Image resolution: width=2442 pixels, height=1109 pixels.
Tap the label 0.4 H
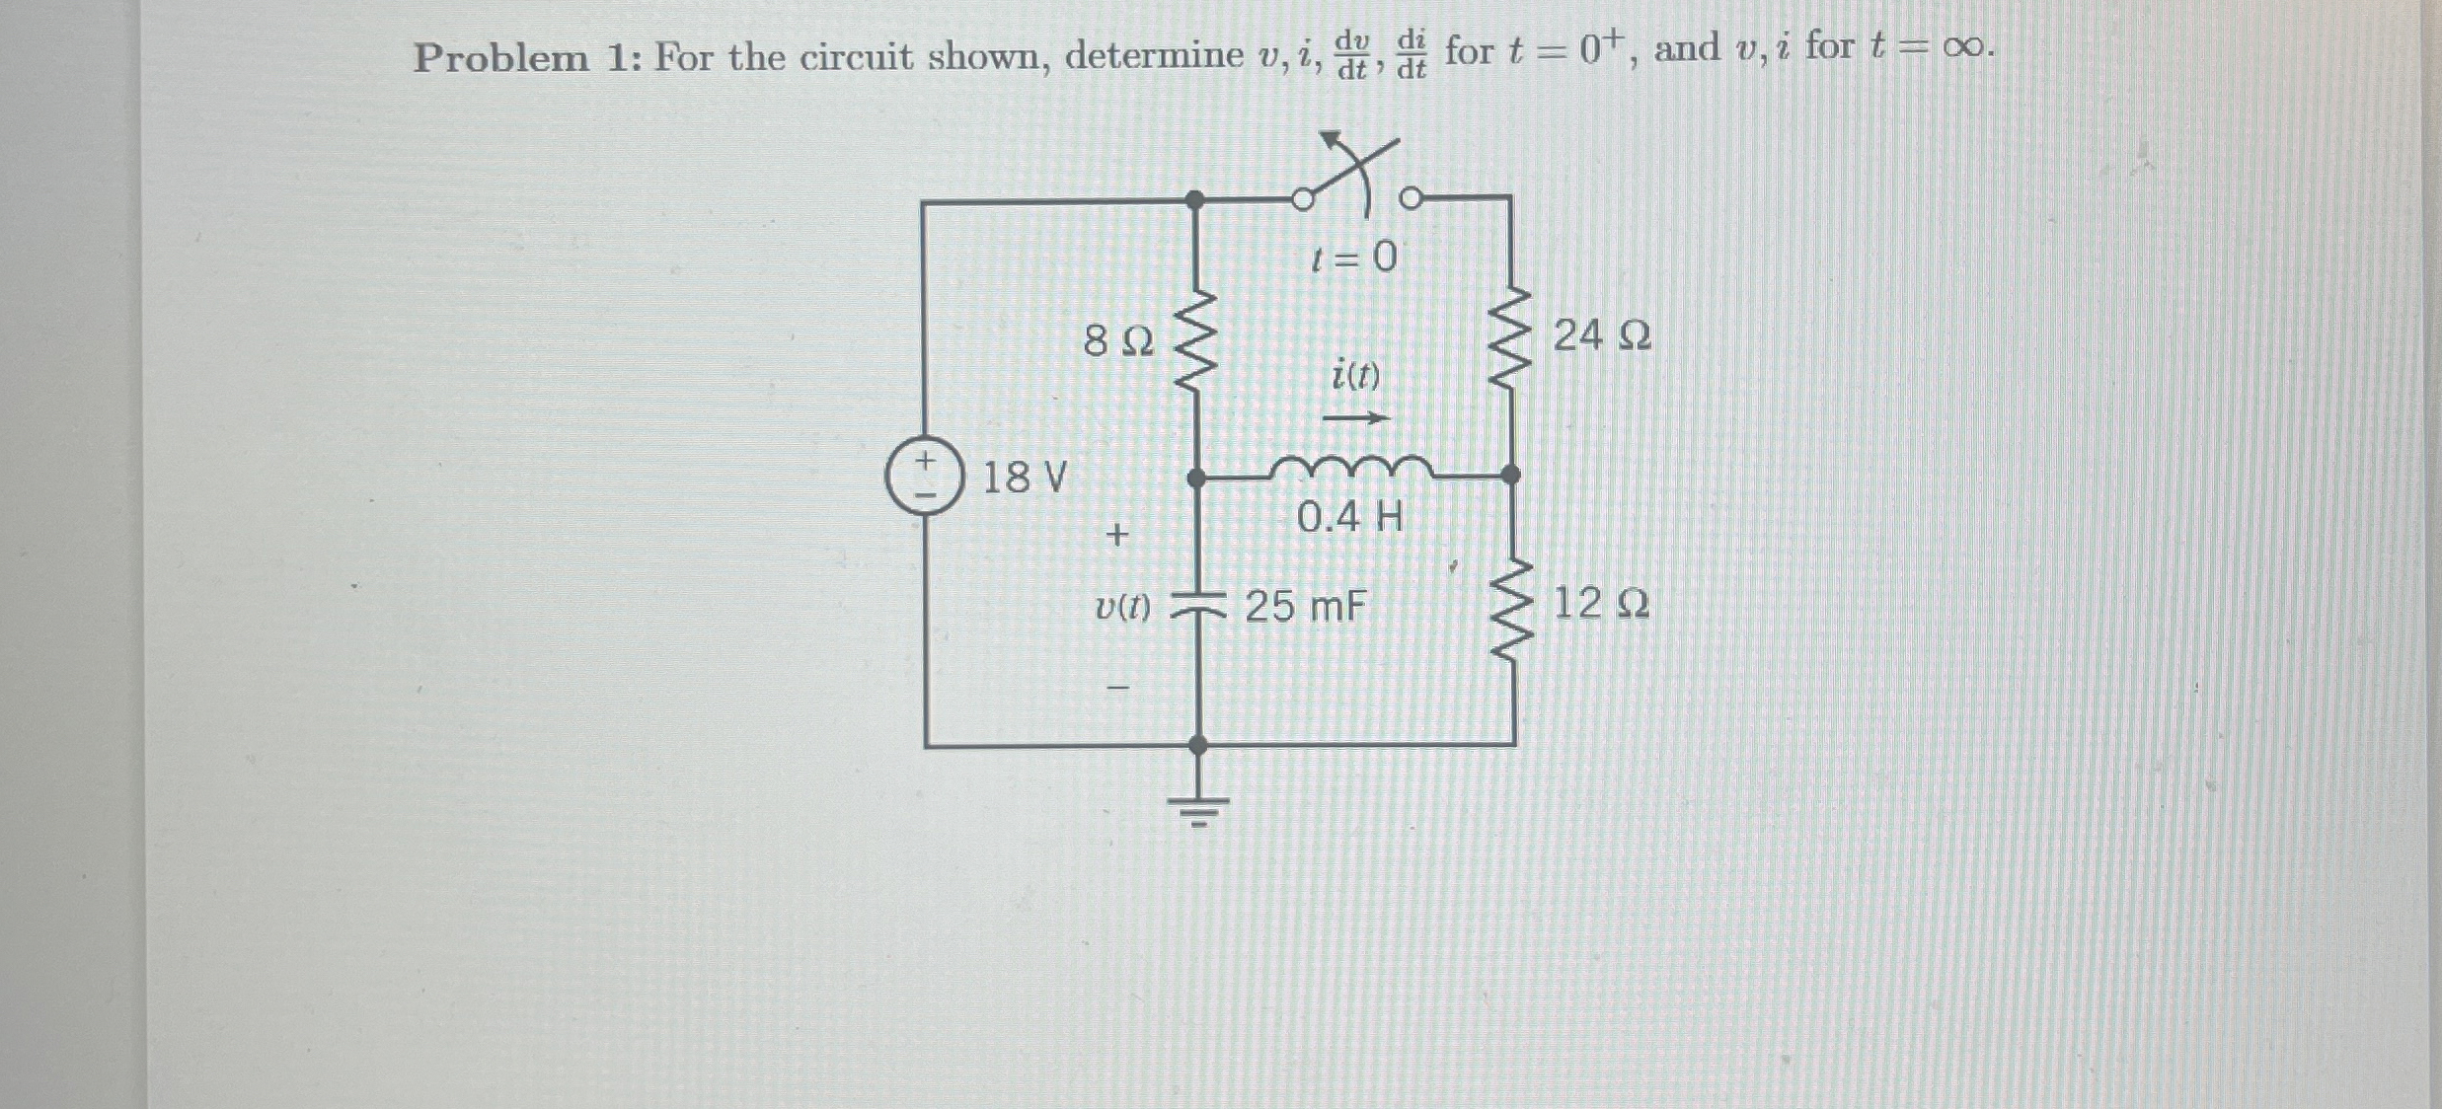pos(1349,517)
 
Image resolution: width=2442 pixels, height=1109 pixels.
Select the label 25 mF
pos(1305,606)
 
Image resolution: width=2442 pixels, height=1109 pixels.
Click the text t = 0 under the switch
pos(1354,258)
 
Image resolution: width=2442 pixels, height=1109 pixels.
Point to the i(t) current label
pos(1355,375)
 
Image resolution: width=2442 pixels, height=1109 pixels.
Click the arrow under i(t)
pos(1354,419)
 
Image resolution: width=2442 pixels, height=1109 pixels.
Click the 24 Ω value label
pos(1601,336)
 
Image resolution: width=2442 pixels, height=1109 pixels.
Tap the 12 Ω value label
pos(1601,603)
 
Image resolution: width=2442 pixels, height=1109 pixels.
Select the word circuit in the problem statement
pos(856,57)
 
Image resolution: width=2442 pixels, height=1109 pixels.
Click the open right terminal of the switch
pos(1412,199)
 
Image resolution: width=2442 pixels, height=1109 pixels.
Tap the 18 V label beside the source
pos(1025,478)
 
